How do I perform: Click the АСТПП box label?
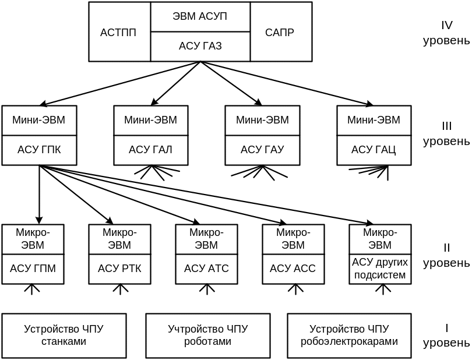(118, 33)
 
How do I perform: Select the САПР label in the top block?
(280, 33)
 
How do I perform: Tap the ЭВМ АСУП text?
(200, 16)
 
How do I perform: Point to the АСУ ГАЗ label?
(200, 47)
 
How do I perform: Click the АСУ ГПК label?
(39, 150)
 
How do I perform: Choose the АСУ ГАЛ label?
(150, 150)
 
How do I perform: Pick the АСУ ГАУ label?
(262, 150)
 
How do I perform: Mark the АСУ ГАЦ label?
(374, 150)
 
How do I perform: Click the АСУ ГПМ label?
(33, 269)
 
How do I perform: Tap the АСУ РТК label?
(120, 269)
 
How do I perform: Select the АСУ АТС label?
(207, 269)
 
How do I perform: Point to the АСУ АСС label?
(293, 269)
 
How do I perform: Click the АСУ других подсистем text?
(379, 268)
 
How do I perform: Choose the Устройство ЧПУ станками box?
(64, 336)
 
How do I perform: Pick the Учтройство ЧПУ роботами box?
(208, 336)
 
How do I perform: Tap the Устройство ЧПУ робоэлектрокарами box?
(350, 336)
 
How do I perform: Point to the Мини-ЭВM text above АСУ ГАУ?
(262, 120)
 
